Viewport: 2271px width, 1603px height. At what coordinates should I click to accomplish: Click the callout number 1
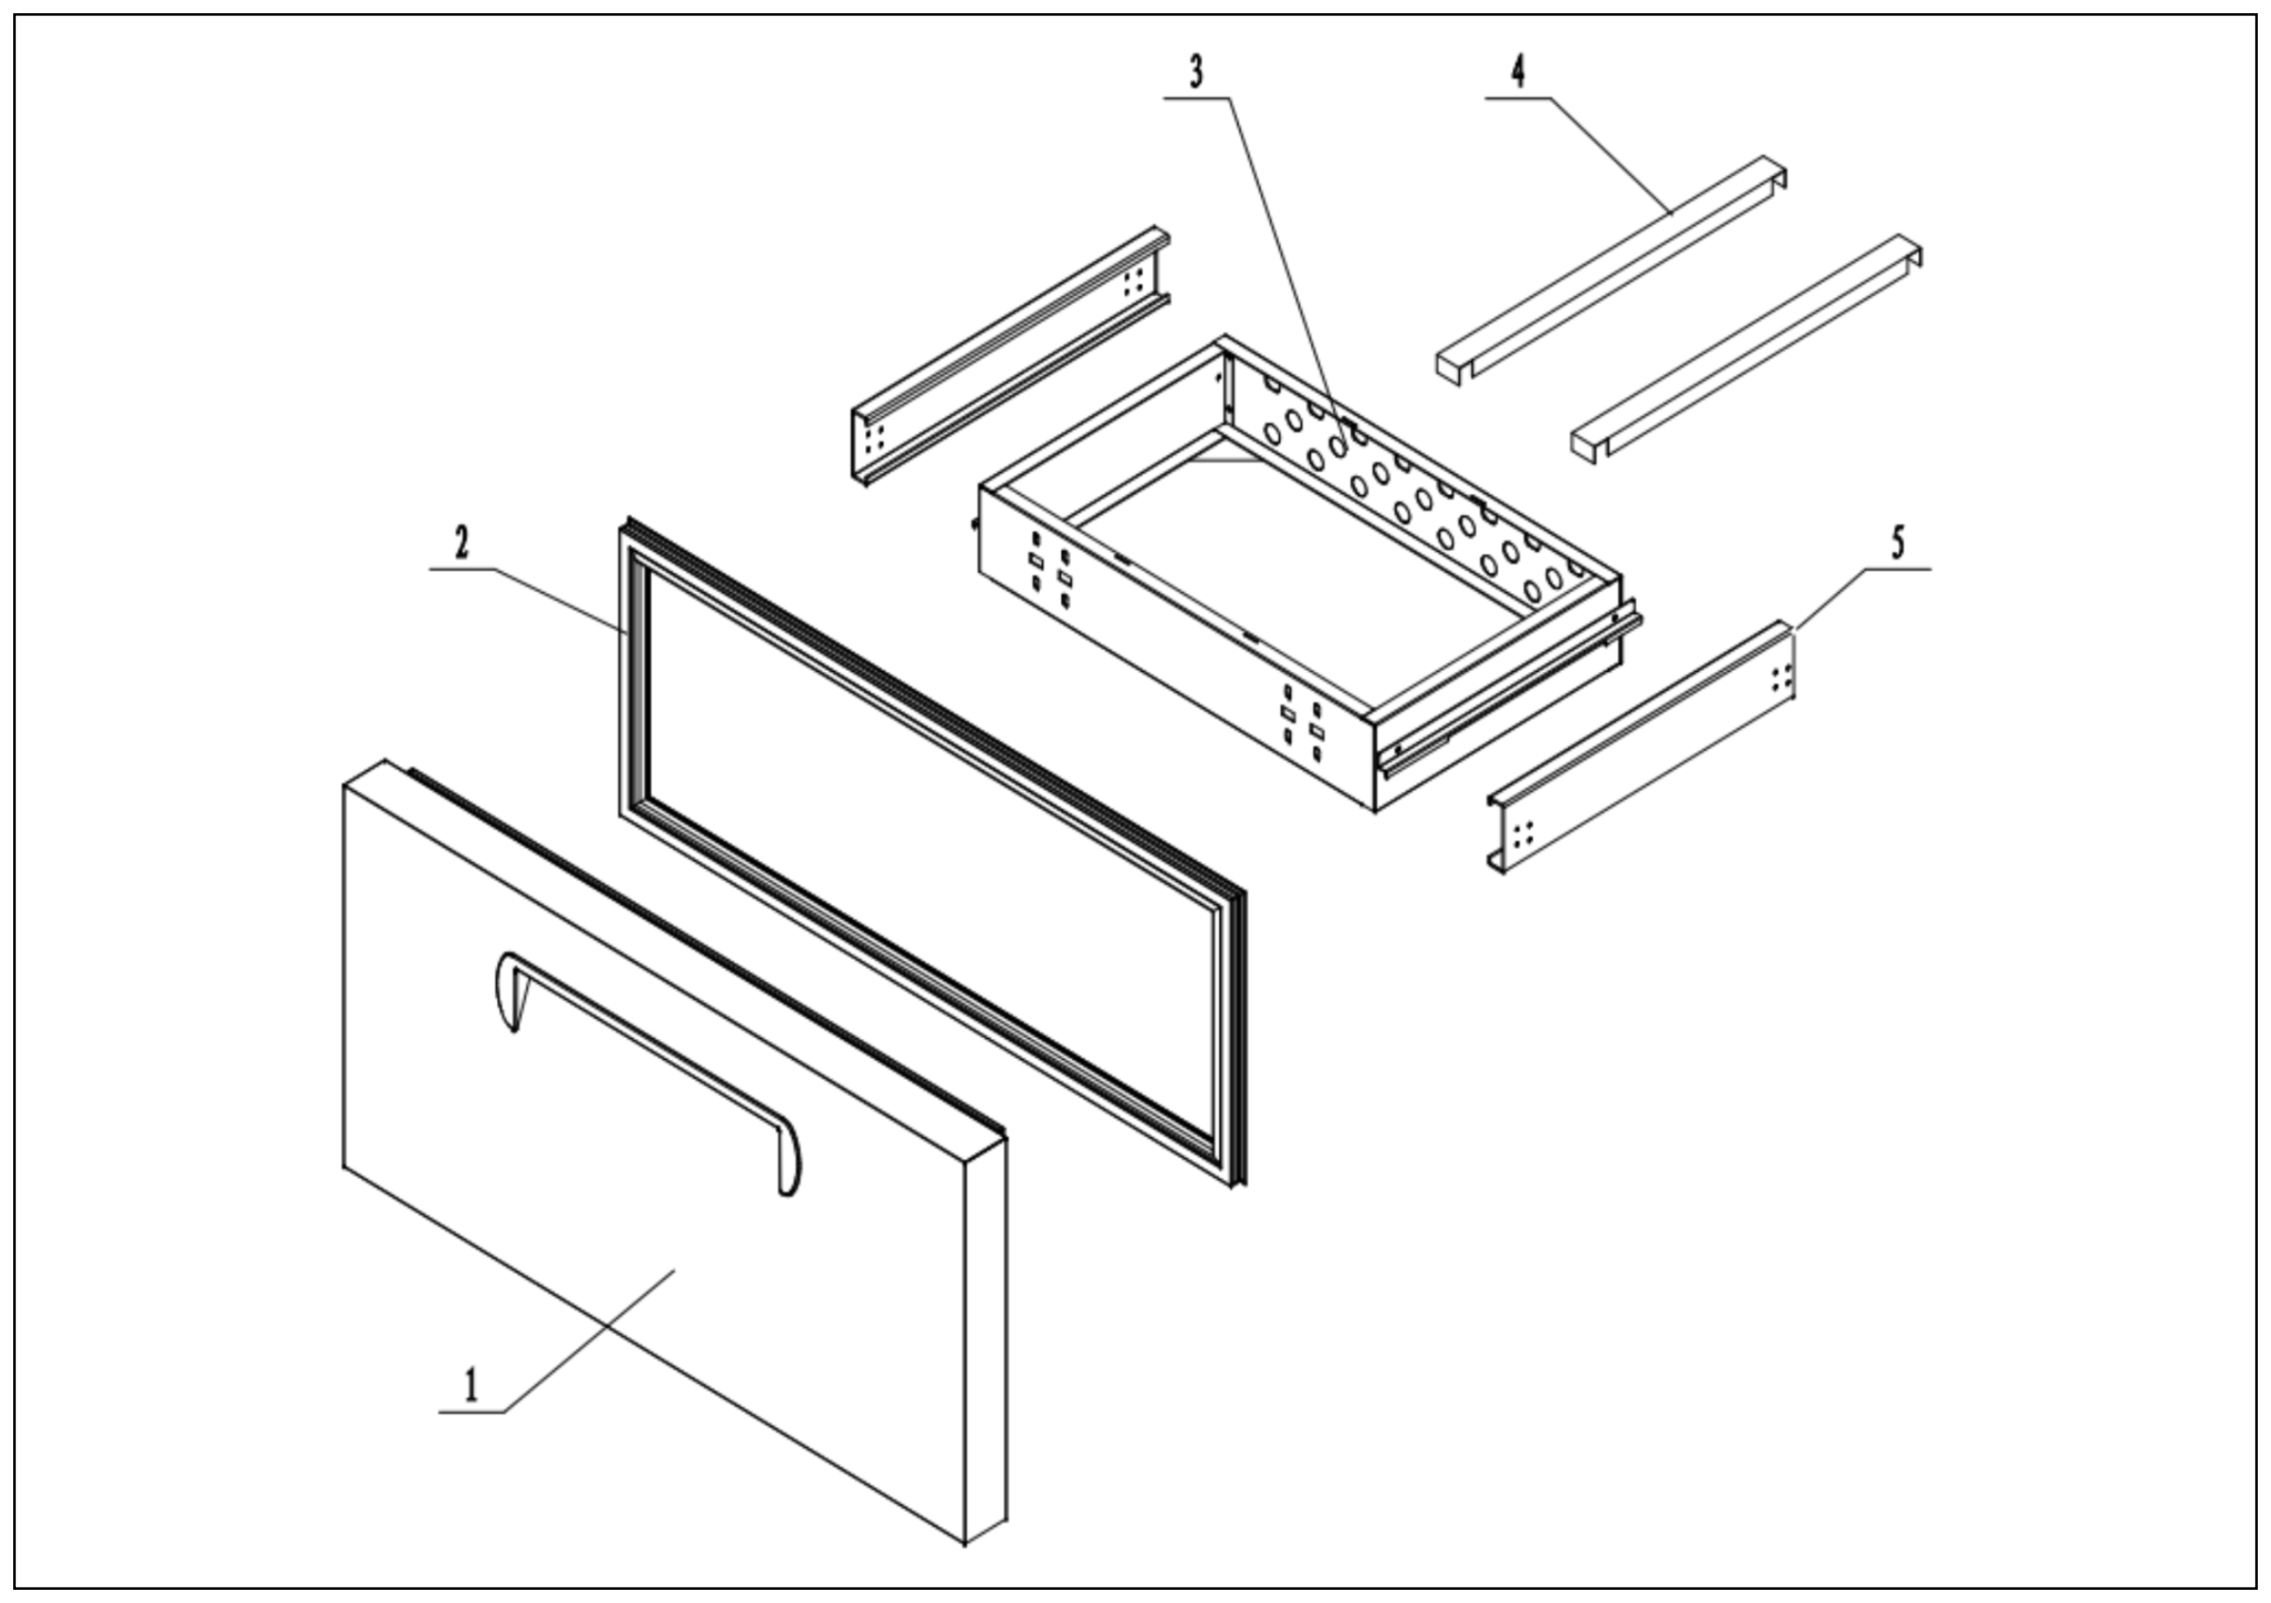click(472, 1385)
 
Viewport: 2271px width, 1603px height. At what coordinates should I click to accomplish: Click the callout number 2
click(462, 543)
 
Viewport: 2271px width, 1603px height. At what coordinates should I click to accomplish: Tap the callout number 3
click(1196, 72)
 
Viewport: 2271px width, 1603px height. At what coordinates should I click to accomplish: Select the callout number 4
click(1519, 71)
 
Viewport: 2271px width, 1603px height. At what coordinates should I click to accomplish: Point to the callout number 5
click(1897, 543)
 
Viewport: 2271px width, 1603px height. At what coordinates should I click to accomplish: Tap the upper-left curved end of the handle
click(507, 989)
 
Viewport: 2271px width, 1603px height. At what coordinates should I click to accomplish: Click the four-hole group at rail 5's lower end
click(1523, 833)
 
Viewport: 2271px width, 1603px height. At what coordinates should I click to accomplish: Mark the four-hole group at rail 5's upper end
click(1782, 678)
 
